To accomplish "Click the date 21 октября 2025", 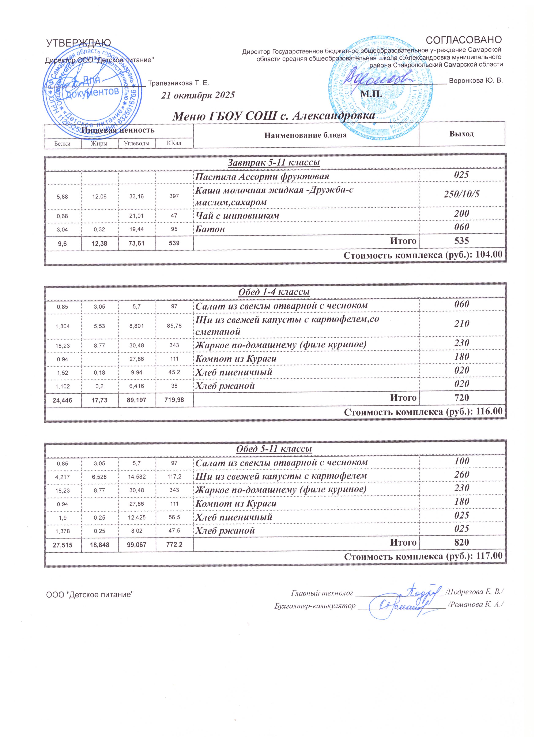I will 198,95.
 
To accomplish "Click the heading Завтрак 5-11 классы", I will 274,162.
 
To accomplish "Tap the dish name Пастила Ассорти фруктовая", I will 262,177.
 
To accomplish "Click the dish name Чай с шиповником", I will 237,216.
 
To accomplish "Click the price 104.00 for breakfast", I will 489,255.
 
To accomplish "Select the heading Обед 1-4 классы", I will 274,292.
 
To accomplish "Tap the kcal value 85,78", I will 174,326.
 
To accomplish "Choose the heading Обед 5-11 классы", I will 274,449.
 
